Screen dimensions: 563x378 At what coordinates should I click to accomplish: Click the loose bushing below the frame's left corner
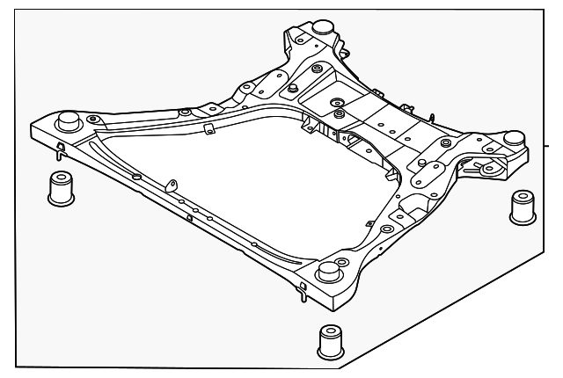pos(60,188)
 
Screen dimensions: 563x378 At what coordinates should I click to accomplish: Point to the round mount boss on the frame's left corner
pos(67,120)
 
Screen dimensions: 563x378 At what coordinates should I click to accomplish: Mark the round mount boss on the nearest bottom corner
pos(330,270)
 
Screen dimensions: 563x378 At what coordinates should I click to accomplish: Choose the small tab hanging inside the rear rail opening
pos(208,130)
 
